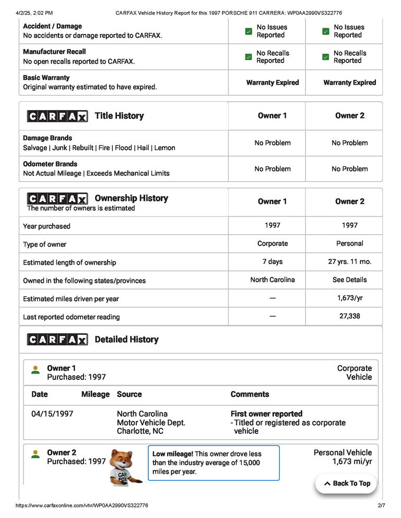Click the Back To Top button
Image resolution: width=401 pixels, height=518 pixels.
(346, 484)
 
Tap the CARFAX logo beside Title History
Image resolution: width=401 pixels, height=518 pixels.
(57, 116)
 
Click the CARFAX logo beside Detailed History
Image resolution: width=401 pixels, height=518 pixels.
(57, 340)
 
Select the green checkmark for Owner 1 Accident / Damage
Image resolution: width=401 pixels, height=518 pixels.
(249, 31)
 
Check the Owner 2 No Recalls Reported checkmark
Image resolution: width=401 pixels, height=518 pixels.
(326, 57)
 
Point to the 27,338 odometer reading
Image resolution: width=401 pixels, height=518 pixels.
(349, 316)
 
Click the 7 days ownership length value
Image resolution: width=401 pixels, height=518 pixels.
(272, 261)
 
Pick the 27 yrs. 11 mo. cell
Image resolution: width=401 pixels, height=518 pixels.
(349, 261)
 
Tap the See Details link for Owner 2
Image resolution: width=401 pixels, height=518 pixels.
(349, 280)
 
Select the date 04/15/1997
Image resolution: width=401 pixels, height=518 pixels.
(52, 414)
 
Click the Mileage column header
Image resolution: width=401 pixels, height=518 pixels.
(96, 394)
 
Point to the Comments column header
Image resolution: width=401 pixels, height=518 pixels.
(250, 394)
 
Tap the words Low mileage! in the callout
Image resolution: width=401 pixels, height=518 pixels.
(173, 454)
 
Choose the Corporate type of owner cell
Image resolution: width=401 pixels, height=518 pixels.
(272, 244)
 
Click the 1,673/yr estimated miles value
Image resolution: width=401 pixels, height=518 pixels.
(349, 298)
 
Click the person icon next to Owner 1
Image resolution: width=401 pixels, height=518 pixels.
(36, 370)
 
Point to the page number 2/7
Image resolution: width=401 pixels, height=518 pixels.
(381, 505)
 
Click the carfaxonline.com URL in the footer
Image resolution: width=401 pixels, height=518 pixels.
(82, 505)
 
